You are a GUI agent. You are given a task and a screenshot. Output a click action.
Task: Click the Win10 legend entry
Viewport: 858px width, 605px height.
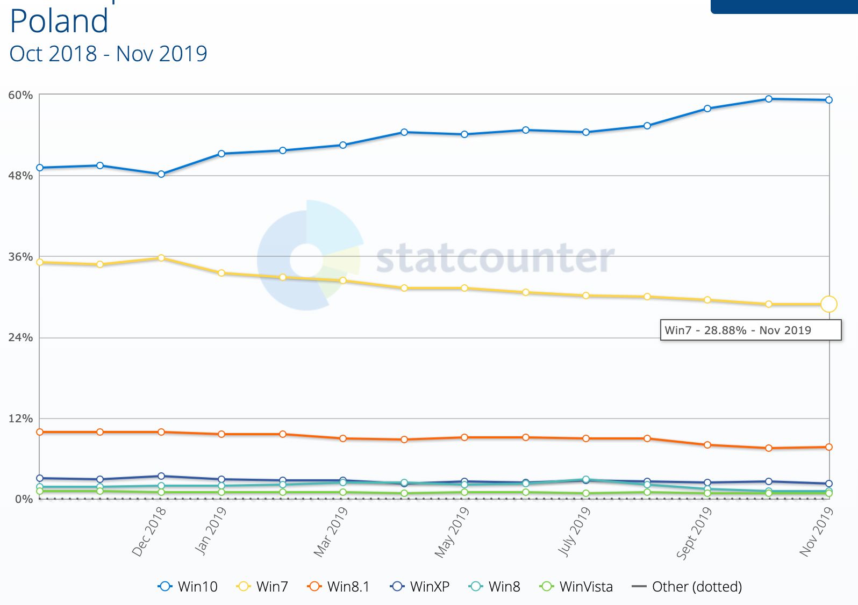coord(188,586)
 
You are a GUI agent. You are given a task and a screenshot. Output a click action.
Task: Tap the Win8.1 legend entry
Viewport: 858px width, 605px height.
coord(338,586)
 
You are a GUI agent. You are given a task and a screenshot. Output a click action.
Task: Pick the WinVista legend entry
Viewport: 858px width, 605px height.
coord(576,586)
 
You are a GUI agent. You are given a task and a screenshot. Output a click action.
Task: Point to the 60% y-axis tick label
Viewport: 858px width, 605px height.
coord(20,95)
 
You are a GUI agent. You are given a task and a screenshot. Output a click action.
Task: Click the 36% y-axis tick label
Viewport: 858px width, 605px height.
coord(20,257)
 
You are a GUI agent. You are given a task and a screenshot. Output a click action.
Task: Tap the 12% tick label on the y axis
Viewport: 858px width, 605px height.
coord(20,419)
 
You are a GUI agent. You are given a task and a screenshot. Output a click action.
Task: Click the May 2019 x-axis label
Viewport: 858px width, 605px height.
coord(452,532)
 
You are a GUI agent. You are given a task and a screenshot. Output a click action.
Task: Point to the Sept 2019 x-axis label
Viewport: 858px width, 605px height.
coord(693,532)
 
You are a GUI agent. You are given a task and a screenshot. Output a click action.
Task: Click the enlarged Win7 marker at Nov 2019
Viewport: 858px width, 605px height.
coord(828,304)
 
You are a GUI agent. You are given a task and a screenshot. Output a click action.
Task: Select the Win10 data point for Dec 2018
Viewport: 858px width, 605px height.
coord(161,174)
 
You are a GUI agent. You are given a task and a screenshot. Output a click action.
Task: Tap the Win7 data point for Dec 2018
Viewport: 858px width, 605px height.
coord(161,258)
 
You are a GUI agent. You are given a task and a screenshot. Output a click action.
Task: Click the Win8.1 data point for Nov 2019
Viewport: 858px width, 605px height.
coord(828,447)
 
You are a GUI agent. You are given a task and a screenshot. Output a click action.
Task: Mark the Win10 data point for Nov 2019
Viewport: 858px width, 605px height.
coord(828,100)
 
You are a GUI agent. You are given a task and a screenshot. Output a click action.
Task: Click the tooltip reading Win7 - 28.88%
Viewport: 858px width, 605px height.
coord(750,330)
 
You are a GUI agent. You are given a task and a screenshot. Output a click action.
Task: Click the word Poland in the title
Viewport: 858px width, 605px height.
coord(59,21)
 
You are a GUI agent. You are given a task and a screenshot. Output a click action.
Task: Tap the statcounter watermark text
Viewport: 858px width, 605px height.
coord(495,258)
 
